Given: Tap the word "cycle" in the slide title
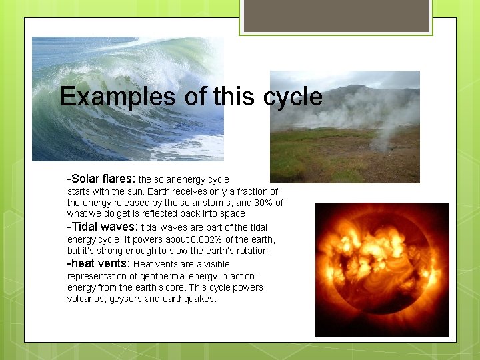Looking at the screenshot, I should point(293,97).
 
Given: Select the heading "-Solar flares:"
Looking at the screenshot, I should point(101,179).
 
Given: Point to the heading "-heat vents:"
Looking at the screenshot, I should point(99,263).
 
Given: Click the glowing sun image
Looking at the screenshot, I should point(382,269).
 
